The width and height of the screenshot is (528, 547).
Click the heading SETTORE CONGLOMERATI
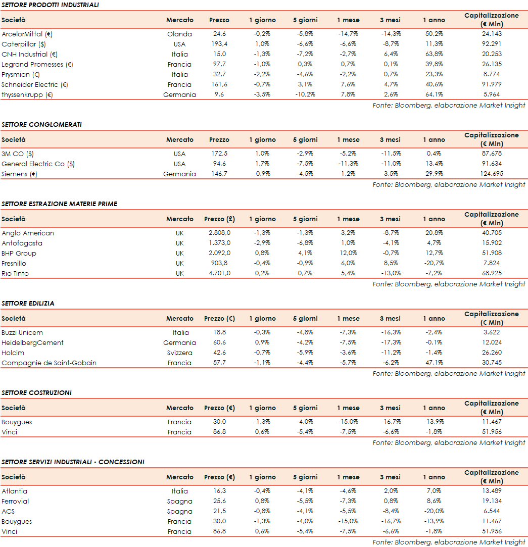[41, 124]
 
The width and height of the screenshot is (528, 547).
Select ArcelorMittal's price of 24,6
[219, 34]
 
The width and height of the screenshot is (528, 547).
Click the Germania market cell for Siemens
[179, 174]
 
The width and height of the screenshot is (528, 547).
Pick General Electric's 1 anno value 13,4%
[434, 164]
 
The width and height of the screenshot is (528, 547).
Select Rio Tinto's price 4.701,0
[219, 273]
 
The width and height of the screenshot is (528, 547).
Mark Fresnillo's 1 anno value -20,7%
[434, 263]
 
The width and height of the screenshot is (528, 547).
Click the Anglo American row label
[28, 233]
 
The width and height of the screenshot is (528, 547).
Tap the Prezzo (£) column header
[219, 219]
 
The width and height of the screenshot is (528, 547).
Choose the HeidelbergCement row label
[32, 342]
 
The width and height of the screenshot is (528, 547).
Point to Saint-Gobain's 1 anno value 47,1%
[434, 363]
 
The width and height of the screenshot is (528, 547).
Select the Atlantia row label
[15, 491]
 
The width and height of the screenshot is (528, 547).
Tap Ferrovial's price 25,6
[219, 501]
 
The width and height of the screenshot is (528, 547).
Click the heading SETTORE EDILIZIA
[28, 303]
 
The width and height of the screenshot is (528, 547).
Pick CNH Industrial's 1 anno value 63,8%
[434, 54]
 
